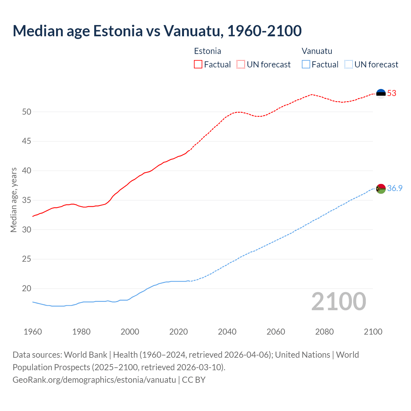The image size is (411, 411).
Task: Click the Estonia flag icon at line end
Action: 381,93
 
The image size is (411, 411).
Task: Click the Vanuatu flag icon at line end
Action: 381,188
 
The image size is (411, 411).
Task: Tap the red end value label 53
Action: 392,93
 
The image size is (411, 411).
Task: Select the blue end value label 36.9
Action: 395,188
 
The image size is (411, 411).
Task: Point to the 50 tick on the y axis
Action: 27,112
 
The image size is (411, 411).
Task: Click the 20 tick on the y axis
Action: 27,289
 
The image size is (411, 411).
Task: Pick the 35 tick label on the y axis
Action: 27,200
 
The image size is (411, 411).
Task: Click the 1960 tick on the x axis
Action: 33,332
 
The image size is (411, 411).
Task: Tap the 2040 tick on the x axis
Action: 227,332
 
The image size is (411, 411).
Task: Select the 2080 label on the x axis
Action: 324,332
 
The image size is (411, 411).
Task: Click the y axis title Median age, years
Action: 13,200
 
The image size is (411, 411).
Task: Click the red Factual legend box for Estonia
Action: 198,65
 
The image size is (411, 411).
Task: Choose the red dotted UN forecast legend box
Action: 241,65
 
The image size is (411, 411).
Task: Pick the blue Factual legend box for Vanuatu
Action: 306,65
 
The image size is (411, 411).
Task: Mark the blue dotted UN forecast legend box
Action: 349,65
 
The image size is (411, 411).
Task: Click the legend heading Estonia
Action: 207,51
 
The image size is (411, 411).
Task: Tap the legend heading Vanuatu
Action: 317,51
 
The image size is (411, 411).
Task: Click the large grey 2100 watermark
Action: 338,301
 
